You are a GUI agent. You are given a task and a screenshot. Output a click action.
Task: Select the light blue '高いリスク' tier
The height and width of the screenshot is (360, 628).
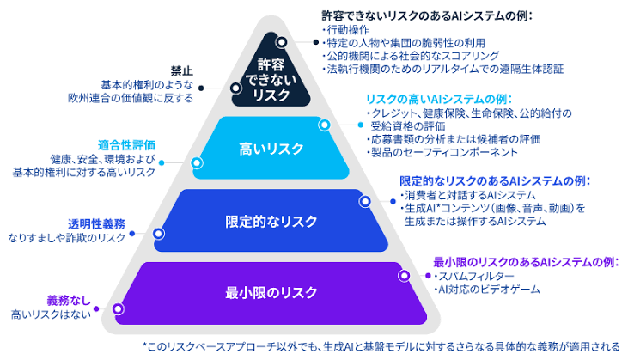(271, 148)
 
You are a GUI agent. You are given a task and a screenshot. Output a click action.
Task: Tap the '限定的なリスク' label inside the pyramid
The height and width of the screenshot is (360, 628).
(271, 221)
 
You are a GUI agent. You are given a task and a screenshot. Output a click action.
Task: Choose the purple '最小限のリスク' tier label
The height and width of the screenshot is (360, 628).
(271, 292)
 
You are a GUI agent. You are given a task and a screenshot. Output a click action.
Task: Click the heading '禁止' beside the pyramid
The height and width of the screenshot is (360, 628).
(182, 71)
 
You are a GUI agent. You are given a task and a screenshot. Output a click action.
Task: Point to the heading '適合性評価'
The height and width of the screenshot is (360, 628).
(126, 145)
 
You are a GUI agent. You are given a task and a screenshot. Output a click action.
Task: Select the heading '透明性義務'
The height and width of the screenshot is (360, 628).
(96, 224)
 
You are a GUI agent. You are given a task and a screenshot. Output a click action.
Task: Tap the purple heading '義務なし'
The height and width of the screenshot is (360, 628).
(69, 301)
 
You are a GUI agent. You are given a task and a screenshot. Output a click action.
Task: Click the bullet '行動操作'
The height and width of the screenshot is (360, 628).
(345, 29)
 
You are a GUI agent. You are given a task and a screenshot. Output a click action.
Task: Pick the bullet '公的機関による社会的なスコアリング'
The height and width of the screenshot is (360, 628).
(411, 56)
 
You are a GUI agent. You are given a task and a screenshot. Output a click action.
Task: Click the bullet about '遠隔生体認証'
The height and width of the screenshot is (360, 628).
(442, 69)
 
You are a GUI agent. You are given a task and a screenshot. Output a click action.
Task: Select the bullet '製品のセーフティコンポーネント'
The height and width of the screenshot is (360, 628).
(442, 152)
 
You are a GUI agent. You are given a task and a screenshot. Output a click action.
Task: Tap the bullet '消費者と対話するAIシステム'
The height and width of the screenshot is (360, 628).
(467, 195)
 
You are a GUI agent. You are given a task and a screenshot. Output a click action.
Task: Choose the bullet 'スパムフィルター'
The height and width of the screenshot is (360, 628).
(474, 276)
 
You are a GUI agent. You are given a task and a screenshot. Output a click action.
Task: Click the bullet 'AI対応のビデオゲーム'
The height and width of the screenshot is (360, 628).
(486, 290)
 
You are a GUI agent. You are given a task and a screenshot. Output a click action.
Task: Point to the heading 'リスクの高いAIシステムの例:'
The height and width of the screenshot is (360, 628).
(439, 99)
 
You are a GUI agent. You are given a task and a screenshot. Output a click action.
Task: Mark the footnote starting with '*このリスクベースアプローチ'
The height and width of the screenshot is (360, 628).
(381, 346)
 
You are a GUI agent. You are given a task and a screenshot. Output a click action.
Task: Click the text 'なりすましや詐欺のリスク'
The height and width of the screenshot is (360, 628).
(66, 238)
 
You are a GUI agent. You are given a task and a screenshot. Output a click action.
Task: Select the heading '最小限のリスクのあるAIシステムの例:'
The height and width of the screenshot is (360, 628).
(526, 262)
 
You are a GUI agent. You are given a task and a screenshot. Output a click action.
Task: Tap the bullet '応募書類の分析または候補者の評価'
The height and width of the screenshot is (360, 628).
(454, 139)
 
